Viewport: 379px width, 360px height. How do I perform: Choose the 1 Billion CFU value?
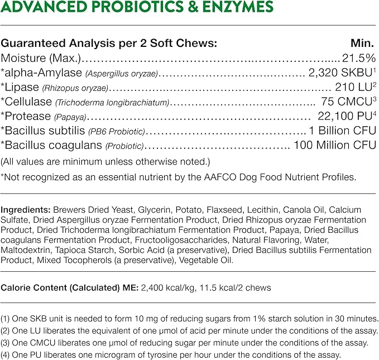click(x=343, y=131)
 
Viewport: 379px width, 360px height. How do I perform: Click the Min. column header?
click(x=364, y=43)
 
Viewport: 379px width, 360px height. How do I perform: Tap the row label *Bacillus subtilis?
click(x=43, y=131)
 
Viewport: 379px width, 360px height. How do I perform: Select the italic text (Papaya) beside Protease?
click(x=70, y=117)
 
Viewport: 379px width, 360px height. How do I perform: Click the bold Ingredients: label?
click(x=26, y=210)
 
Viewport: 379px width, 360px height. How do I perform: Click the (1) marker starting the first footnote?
click(x=6, y=318)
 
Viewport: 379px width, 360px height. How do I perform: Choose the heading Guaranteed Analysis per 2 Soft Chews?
click(x=109, y=43)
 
